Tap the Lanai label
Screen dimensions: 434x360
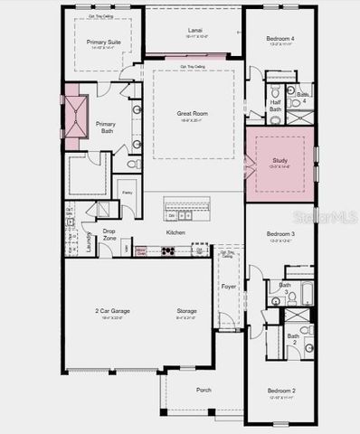pos(194,30)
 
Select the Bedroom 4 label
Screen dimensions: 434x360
pos(279,39)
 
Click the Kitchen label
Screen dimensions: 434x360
pos(175,232)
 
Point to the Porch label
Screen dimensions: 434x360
pos(204,390)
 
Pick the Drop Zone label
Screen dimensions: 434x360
pos(109,234)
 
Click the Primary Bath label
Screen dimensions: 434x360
pos(106,127)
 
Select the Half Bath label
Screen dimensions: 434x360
pos(276,105)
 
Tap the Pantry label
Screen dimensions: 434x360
pos(128,193)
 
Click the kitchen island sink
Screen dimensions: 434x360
pos(185,216)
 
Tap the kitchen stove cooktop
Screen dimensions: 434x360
pos(168,250)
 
